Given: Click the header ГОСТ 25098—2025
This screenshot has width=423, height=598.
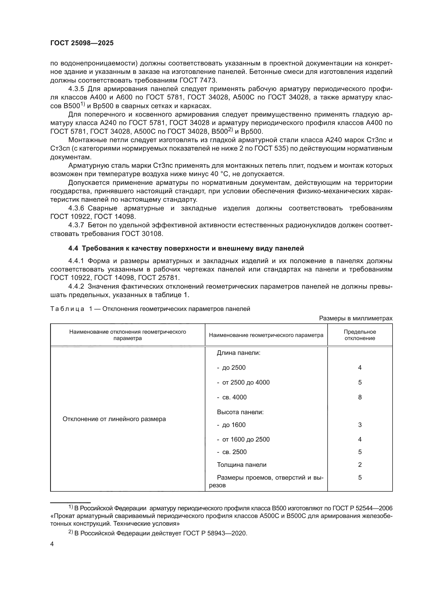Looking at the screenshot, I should [x=82, y=43].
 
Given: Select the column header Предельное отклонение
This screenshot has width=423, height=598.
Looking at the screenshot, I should [x=360, y=335].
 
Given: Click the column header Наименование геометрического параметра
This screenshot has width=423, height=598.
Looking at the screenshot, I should [x=266, y=335].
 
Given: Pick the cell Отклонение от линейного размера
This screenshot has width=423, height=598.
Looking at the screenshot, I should [x=114, y=419].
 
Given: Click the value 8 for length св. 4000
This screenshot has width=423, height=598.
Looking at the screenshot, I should [x=360, y=397].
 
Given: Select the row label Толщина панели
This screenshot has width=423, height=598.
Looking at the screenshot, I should [x=241, y=465].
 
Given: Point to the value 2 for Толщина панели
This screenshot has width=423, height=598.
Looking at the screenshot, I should [x=360, y=465].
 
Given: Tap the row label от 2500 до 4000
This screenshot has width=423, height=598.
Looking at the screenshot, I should [x=246, y=382].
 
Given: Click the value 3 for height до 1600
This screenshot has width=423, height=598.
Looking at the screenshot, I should [x=360, y=425].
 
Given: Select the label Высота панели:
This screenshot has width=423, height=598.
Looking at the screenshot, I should [x=240, y=412].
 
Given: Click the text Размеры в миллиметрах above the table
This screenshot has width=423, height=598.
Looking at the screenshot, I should [x=355, y=318].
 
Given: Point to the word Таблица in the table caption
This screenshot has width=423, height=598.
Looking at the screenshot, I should [x=67, y=309].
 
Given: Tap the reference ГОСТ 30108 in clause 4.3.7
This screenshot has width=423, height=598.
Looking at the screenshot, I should [x=142, y=234].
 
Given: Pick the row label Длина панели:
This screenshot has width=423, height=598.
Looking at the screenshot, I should [x=239, y=353].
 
